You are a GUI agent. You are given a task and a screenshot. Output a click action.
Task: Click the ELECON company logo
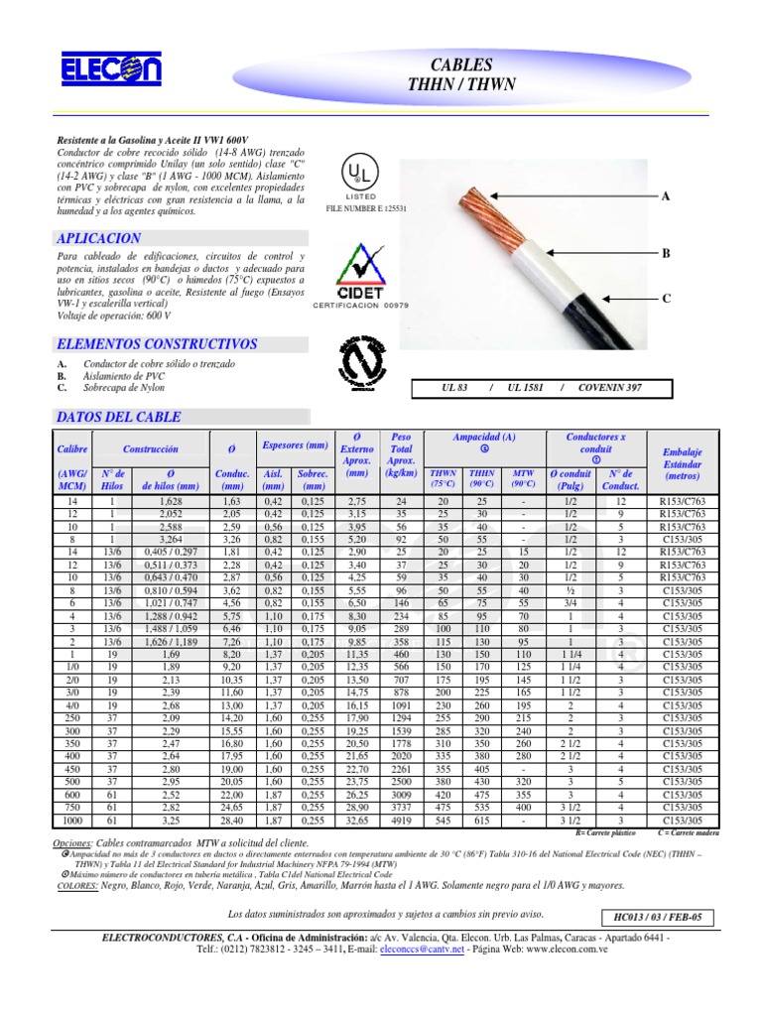(97, 70)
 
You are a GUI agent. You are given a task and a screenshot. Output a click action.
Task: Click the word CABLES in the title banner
(462, 64)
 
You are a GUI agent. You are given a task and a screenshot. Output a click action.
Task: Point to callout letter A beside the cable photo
(667, 197)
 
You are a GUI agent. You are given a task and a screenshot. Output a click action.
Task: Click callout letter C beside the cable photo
(667, 298)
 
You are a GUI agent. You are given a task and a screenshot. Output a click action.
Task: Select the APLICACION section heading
(100, 239)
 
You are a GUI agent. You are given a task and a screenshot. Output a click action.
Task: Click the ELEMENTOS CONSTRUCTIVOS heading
(158, 344)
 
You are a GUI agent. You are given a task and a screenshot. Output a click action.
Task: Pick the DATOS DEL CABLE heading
(118, 417)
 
